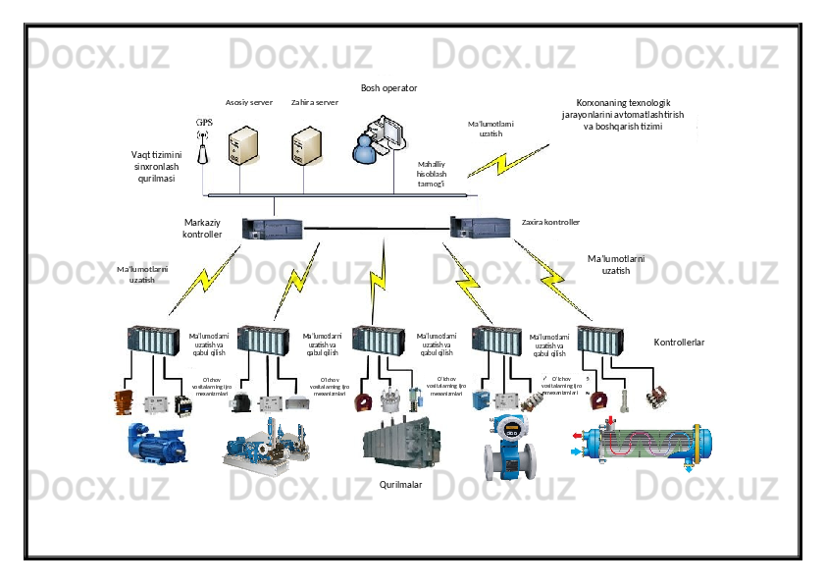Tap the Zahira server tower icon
coord(307,145)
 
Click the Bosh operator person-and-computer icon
coord(379,138)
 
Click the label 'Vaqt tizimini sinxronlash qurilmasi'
coord(156,167)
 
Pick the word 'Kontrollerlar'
coord(679,343)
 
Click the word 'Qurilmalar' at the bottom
coord(400,485)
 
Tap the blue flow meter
coord(509,448)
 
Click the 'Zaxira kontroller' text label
coord(550,223)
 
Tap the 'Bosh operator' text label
coord(388,88)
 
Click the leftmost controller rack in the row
coord(153,339)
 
